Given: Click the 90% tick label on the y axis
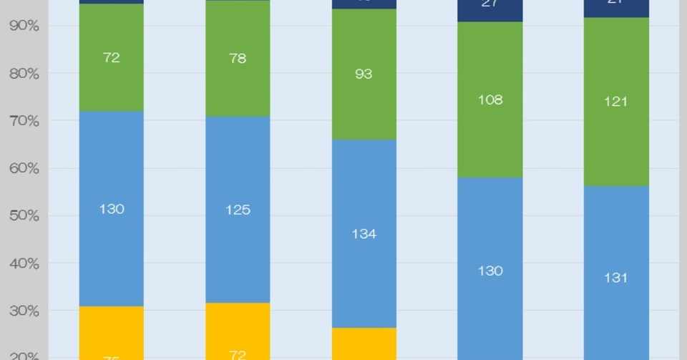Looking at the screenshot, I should point(24,26).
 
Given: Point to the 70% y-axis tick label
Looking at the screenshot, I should point(24,122).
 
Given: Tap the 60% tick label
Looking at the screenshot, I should point(24,169).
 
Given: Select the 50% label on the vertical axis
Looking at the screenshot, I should point(24,216).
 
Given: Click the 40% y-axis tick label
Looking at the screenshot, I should point(24,264).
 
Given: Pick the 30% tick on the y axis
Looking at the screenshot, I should point(24,311).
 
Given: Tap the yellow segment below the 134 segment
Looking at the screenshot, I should point(364,344).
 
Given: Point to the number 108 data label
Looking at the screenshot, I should point(490,99).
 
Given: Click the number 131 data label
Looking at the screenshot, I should point(616,277).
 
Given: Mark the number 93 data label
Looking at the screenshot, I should point(364,74).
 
